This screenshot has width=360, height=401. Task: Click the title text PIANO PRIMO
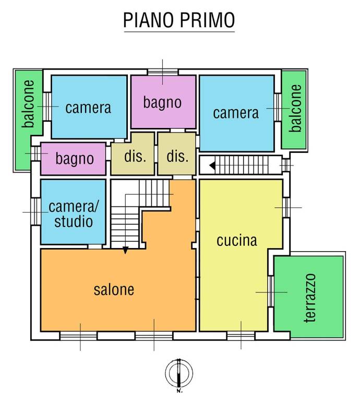coord(179,20)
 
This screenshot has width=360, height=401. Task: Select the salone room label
coord(114,289)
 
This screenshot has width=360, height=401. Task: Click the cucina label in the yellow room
coord(237,240)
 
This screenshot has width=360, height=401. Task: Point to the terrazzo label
coord(311,297)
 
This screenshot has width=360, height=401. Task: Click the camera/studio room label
coord(74,214)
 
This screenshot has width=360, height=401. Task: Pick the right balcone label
coord(296,108)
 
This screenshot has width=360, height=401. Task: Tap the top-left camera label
coord(88,108)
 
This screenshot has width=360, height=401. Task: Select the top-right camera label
coord(236,113)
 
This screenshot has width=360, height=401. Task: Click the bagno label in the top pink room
coord(163,103)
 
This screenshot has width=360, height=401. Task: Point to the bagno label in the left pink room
coord(75,158)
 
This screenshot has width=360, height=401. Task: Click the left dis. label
coord(134,157)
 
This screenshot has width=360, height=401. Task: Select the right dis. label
coord(177,157)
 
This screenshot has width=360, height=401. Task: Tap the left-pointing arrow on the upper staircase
coord(212,166)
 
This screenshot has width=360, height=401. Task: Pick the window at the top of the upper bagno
coord(162,72)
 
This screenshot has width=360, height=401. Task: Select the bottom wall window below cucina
coord(241,335)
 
